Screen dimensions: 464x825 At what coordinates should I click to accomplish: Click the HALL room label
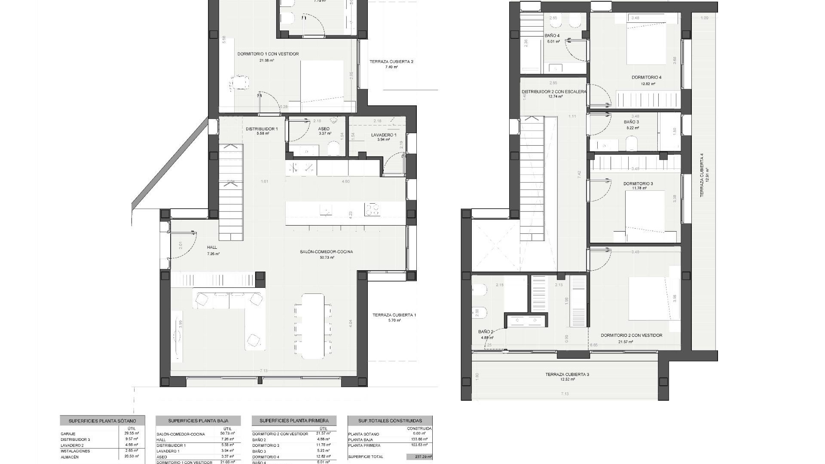[x=212, y=247]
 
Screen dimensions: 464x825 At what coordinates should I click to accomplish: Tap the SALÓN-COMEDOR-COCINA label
[x=326, y=252]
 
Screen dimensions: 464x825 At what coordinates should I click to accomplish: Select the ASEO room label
[x=324, y=129]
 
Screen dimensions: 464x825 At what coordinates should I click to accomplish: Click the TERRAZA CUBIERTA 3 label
[x=567, y=375]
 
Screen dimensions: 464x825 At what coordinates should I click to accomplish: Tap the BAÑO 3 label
[x=631, y=122]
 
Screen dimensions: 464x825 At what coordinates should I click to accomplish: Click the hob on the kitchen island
[x=372, y=209]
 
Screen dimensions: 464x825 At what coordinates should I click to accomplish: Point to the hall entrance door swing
[x=185, y=245]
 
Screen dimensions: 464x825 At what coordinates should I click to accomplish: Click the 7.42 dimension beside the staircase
[x=579, y=174]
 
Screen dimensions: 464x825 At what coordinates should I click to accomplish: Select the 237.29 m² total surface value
[x=419, y=457]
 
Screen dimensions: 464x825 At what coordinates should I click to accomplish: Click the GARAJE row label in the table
[x=68, y=434]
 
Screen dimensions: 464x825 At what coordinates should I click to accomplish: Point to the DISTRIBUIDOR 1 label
[x=262, y=129]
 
